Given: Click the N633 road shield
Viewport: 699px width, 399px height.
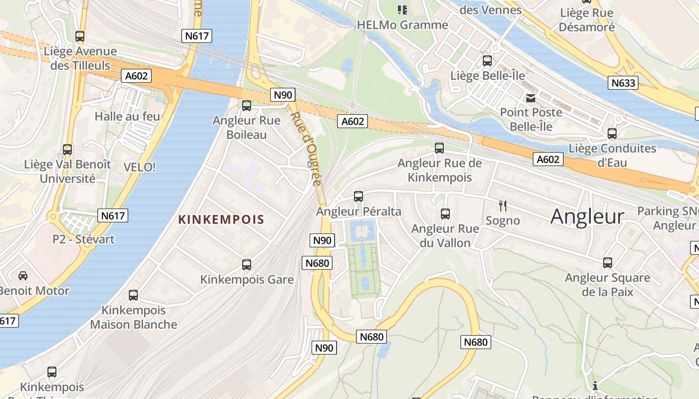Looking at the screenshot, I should [623, 83].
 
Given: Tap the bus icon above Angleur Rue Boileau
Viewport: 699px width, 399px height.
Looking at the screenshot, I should [247, 106].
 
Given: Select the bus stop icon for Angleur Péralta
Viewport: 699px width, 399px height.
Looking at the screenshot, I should [358, 197].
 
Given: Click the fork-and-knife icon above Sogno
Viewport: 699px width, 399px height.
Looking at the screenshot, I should [503, 205].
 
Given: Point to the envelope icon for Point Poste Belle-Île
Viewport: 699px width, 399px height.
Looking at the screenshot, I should [530, 98].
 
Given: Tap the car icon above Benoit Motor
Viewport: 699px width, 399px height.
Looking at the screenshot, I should [23, 276].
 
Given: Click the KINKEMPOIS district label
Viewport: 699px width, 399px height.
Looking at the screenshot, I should [221, 219].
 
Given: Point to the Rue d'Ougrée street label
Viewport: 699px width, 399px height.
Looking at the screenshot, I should [305, 148].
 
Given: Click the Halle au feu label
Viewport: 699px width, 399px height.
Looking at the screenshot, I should [127, 117].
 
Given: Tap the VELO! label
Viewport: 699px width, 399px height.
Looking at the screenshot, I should [139, 167].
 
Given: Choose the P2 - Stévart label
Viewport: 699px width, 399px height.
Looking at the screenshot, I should [83, 239].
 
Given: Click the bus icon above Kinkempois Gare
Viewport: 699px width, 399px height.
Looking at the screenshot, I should [247, 265].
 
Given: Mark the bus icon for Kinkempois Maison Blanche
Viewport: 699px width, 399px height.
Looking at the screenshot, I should [133, 295].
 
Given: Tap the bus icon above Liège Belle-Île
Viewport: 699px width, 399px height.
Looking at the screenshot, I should [487, 61].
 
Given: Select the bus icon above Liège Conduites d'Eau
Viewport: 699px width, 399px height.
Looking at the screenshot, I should [612, 134].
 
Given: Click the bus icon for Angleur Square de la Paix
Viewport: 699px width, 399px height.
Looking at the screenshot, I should [608, 263].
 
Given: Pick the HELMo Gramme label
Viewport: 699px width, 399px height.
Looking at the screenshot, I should [402, 24].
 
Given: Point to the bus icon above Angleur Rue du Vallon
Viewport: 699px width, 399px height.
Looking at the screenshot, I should [445, 214].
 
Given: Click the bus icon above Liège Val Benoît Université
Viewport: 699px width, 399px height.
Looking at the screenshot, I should [67, 150].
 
